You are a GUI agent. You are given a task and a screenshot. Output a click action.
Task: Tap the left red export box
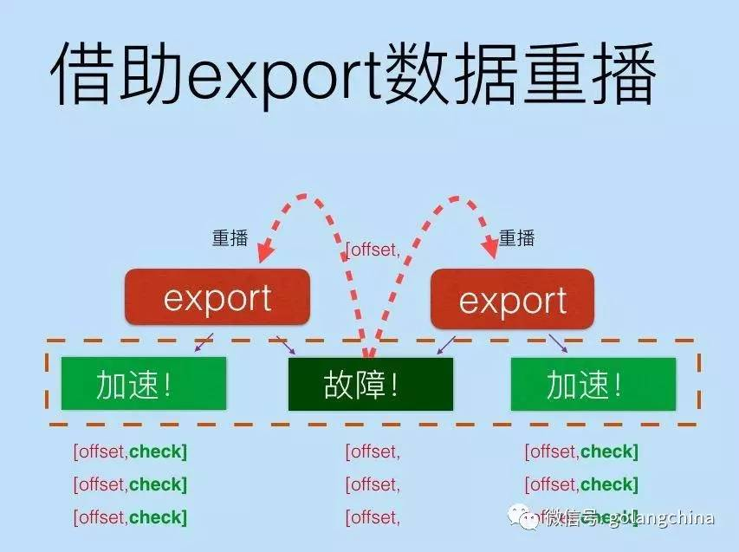pyautogui.click(x=217, y=298)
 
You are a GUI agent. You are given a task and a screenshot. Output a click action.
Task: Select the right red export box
pyautogui.click(x=512, y=300)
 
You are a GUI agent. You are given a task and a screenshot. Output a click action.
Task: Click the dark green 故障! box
pyautogui.click(x=370, y=384)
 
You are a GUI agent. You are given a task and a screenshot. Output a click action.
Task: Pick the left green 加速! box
pyautogui.click(x=143, y=384)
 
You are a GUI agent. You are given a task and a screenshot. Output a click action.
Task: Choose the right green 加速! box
pyautogui.click(x=593, y=384)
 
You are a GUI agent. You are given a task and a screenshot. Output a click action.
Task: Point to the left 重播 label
pyautogui.click(x=230, y=238)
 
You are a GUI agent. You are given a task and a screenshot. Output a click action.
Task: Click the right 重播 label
pyautogui.click(x=517, y=238)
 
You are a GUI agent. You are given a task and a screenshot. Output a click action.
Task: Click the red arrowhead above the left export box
pyautogui.click(x=266, y=252)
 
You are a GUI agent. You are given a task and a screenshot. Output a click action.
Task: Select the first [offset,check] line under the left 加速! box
pyautogui.click(x=130, y=451)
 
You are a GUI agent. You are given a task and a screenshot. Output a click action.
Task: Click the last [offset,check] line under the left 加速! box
pyautogui.click(x=130, y=517)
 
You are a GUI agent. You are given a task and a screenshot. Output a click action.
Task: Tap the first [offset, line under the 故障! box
pyautogui.click(x=373, y=451)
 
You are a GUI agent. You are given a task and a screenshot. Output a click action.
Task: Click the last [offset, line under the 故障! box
pyautogui.click(x=373, y=517)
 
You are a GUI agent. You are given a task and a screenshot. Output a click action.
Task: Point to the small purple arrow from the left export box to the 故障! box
pyautogui.click(x=285, y=344)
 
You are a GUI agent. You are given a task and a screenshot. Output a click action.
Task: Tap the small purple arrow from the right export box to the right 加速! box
pyautogui.click(x=558, y=343)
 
